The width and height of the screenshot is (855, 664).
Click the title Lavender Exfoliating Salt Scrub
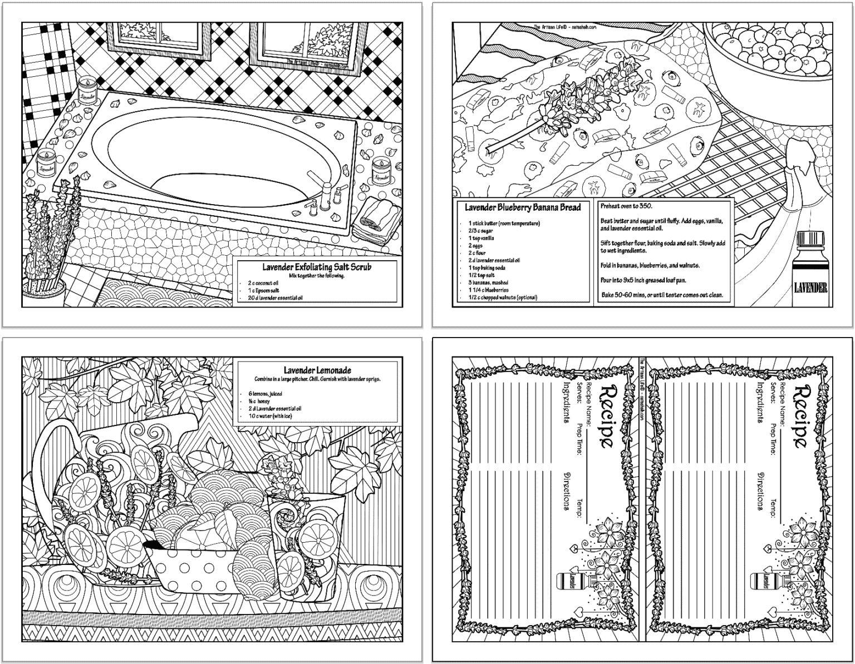(x=317, y=267)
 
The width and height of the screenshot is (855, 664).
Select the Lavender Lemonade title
(x=317, y=370)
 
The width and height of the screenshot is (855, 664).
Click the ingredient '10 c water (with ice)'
(x=271, y=416)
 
